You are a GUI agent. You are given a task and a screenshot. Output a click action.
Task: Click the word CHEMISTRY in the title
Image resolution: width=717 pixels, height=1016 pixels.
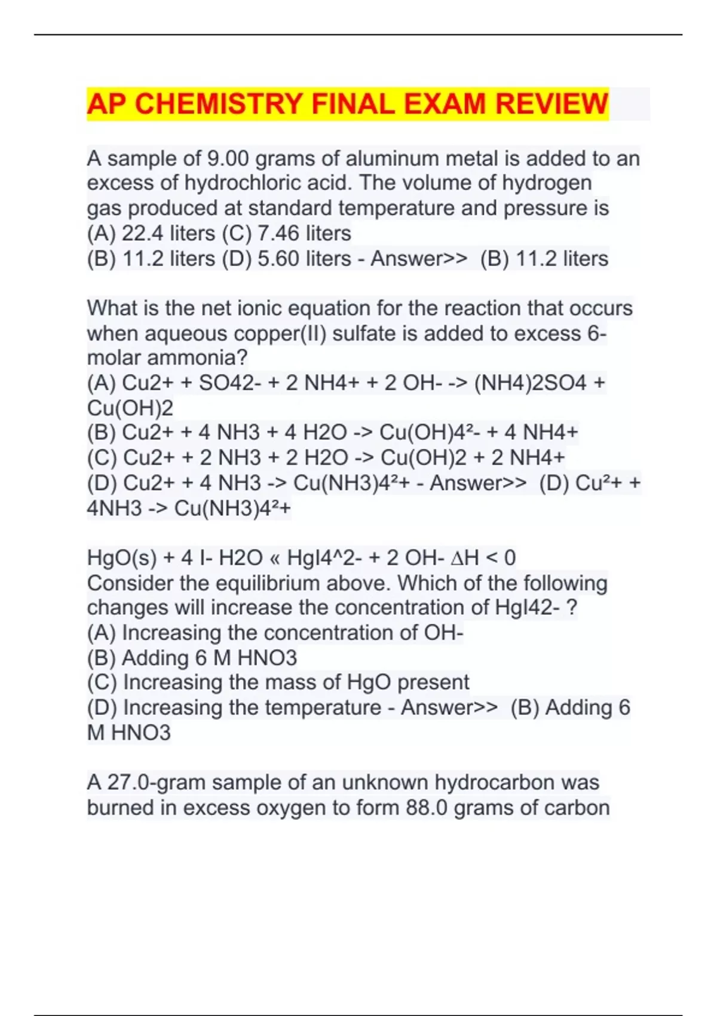coord(218,104)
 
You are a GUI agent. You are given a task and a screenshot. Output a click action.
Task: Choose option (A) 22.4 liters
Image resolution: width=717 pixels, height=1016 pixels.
coord(151,233)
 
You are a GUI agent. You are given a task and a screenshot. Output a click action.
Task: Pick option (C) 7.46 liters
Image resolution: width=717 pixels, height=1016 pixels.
coord(286,233)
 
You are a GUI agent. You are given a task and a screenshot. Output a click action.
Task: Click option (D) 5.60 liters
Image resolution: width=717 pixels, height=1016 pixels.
coord(286,259)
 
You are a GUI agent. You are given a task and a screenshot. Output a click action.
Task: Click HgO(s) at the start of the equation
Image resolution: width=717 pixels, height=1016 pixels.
coord(122,558)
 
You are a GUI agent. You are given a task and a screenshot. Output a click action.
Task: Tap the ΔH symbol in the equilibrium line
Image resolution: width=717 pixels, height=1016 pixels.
coord(464,558)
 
